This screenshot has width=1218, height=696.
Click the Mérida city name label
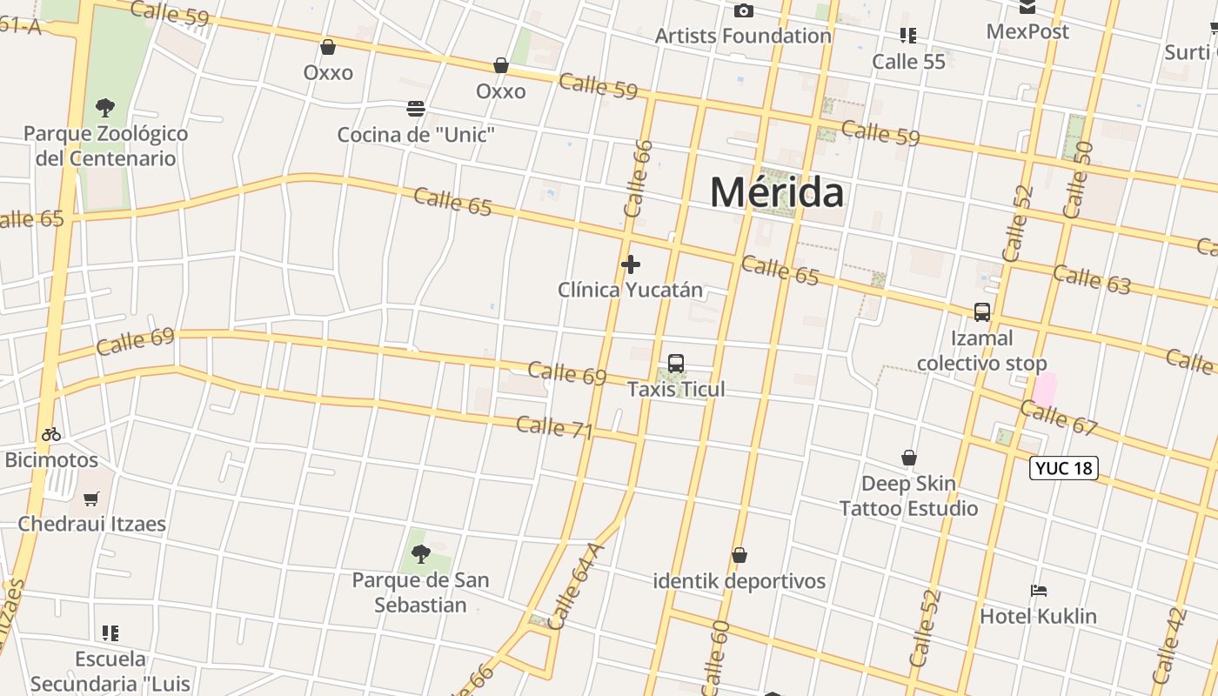(x=777, y=192)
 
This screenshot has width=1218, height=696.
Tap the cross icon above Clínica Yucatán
(x=631, y=264)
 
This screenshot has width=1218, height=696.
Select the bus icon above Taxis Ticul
(x=676, y=364)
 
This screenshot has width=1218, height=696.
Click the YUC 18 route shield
(x=1063, y=468)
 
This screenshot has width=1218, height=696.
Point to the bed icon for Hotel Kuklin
(x=1038, y=591)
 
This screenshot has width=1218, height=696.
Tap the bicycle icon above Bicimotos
(x=51, y=434)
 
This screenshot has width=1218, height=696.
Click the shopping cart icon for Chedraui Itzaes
(x=91, y=499)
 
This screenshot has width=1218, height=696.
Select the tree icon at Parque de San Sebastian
(x=420, y=553)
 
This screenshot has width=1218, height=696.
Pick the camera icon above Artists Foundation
(x=743, y=10)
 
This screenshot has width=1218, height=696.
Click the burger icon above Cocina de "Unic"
(x=416, y=109)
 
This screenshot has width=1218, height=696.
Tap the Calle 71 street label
(x=555, y=428)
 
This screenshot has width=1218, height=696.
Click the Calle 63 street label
(x=1091, y=278)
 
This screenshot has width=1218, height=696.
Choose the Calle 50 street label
(x=1077, y=180)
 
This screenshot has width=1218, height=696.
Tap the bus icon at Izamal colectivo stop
(x=982, y=312)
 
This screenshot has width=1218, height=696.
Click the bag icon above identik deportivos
(x=739, y=555)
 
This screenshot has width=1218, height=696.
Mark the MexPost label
(x=1027, y=31)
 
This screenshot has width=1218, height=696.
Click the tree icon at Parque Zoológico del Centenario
(x=105, y=108)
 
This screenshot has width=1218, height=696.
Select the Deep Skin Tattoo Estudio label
(x=908, y=496)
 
